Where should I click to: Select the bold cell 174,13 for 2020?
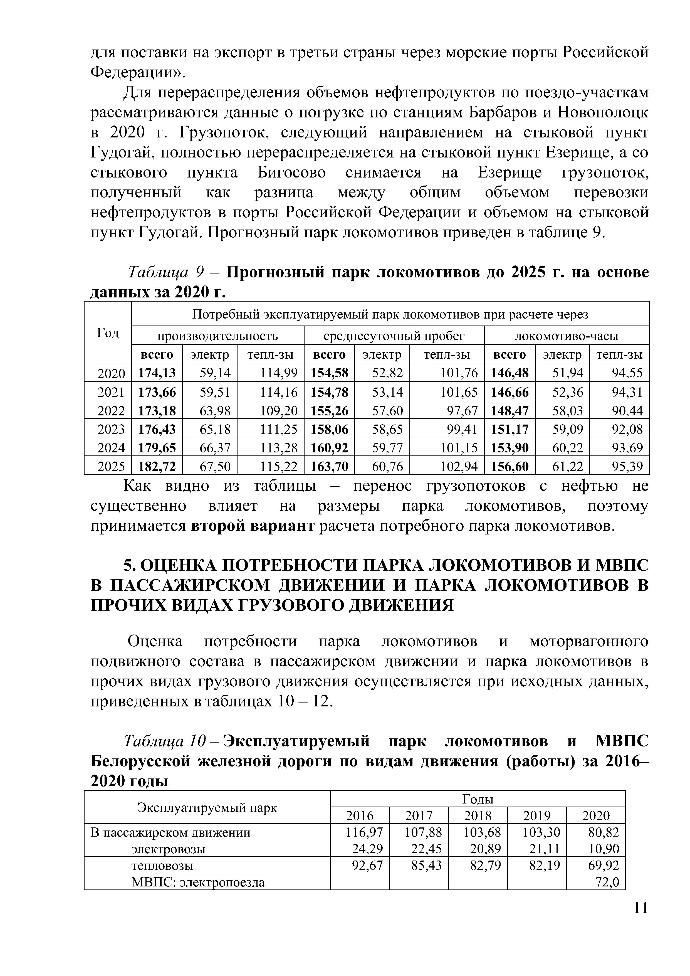[157, 373]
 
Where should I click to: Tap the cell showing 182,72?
[157, 466]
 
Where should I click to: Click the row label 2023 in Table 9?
[111, 429]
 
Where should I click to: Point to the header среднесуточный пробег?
[394, 336]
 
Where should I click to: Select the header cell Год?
[108, 332]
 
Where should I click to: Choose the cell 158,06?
[329, 429]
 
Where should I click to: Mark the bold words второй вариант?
[253, 526]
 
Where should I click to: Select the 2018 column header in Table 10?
[478, 815]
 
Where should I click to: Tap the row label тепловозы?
[162, 865]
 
